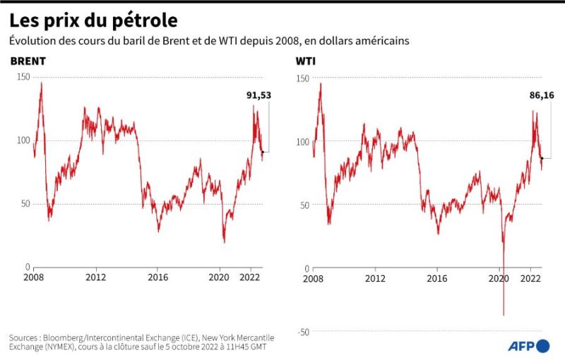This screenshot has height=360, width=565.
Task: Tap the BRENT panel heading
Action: pos(28,61)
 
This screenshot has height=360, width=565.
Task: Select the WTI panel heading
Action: pos(305,61)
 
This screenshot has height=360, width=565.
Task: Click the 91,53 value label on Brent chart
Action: pos(259,95)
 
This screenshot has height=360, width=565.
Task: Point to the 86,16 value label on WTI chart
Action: pos(540,95)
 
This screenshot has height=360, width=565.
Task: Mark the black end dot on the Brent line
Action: pos(263,152)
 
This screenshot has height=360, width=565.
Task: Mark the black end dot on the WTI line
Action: pos(542,158)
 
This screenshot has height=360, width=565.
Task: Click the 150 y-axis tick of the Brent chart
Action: pos(23,77)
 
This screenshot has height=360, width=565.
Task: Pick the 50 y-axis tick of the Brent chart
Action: pos(25,204)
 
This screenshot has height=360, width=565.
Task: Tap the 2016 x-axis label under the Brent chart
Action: pos(158,279)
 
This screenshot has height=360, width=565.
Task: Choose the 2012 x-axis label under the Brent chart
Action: pos(96,279)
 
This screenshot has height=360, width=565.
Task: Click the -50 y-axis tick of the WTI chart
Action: pos(303,331)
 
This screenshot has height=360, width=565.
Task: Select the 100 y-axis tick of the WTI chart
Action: pos(302,141)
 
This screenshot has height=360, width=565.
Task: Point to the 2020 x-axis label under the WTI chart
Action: pos(499,279)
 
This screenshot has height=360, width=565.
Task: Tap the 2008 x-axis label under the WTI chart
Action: pos(314,279)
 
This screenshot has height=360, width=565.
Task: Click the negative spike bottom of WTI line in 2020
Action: pos(504,314)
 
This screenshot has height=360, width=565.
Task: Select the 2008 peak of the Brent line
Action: pos(40,83)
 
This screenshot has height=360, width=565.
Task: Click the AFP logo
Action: pos(528,345)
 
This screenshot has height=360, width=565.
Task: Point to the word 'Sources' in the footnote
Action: pos(26,337)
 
